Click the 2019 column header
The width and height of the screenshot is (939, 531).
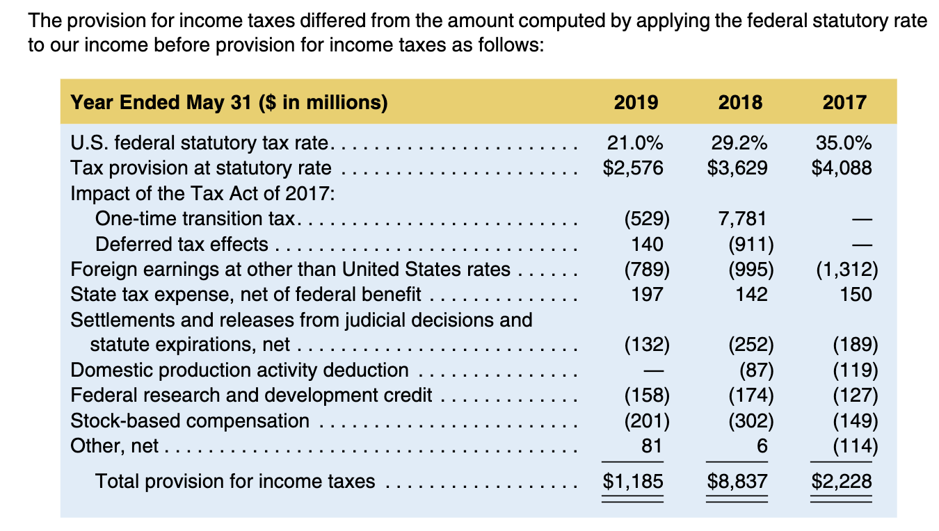[636, 103]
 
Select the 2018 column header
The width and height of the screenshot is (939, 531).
[740, 103]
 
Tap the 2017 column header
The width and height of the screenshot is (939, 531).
[844, 103]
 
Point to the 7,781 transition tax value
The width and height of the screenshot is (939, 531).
[741, 218]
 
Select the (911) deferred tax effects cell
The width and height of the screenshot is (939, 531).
[751, 244]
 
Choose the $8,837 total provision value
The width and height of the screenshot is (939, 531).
[737, 481]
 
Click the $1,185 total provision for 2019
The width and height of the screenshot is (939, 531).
[633, 481]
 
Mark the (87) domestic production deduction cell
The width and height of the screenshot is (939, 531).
[755, 370]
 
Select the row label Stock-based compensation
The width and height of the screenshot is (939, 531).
[190, 420]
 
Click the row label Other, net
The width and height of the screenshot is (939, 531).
[115, 446]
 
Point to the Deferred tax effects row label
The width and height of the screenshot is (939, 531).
[182, 244]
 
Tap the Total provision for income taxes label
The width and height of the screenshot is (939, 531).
[235, 481]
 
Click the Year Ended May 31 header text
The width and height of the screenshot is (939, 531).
[229, 103]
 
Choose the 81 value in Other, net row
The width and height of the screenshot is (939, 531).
[651, 446]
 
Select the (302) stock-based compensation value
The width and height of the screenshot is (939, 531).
[751, 420]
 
